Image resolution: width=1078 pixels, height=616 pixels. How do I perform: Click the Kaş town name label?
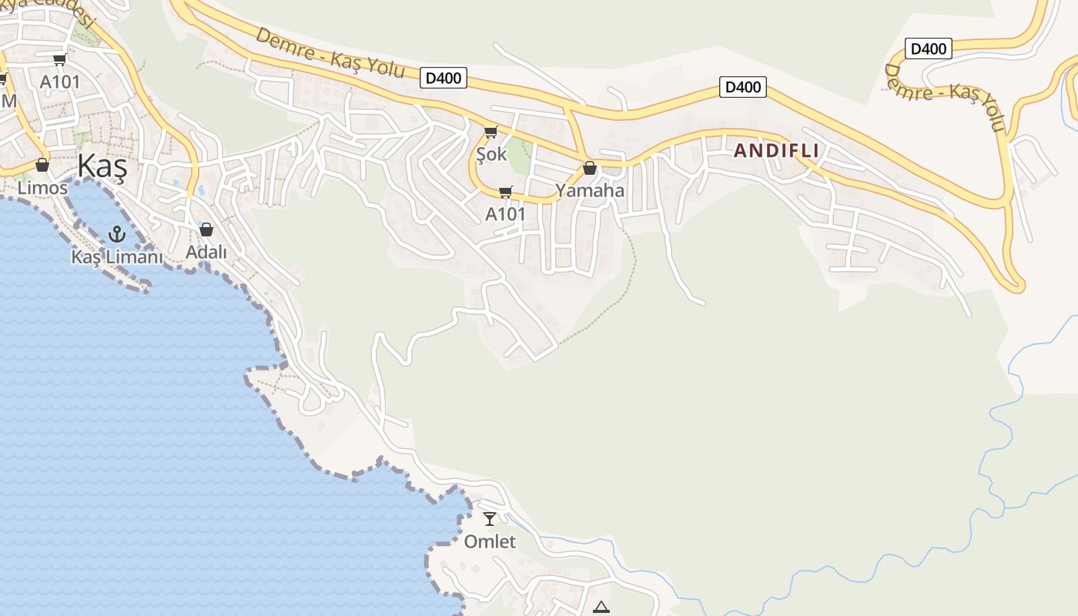coord(102,167)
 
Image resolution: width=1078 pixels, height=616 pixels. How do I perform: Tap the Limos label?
coord(42,188)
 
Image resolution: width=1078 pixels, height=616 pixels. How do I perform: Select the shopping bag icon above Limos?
coord(42,165)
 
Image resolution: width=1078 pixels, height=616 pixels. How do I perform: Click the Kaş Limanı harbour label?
coord(117,257)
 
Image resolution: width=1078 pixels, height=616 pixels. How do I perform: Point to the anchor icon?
coord(117,233)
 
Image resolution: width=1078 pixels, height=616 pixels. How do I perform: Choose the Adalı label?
coord(206,252)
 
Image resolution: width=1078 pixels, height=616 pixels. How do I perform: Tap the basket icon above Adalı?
coord(206,229)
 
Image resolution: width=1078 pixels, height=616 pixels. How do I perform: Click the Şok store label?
coord(491,154)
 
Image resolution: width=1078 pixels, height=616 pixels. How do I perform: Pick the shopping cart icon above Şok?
coord(490,132)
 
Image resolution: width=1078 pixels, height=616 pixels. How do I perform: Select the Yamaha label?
coord(590,190)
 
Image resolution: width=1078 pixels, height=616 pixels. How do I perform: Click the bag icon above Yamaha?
coord(590,168)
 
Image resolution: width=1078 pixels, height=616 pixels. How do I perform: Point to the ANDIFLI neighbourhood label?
coord(776,151)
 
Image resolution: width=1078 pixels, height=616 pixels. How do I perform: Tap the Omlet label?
coord(490,541)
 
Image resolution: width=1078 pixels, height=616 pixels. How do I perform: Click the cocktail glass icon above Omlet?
coord(490,518)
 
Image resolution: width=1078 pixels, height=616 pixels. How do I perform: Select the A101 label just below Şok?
coord(505,214)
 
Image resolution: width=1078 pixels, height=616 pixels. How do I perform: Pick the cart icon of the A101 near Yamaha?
coord(505,192)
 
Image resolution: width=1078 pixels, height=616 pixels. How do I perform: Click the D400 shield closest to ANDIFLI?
coord(743,87)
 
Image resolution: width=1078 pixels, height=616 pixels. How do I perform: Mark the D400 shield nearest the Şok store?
coord(444,78)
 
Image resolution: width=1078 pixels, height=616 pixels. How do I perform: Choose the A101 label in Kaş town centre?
coord(60,82)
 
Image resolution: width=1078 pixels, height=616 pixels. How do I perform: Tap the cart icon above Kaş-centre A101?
coord(59,59)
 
